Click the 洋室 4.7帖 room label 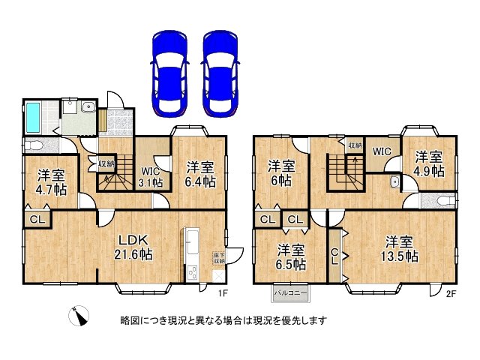50,182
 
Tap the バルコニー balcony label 288,291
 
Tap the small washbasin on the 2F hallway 394,181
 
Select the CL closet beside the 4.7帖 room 36,219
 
